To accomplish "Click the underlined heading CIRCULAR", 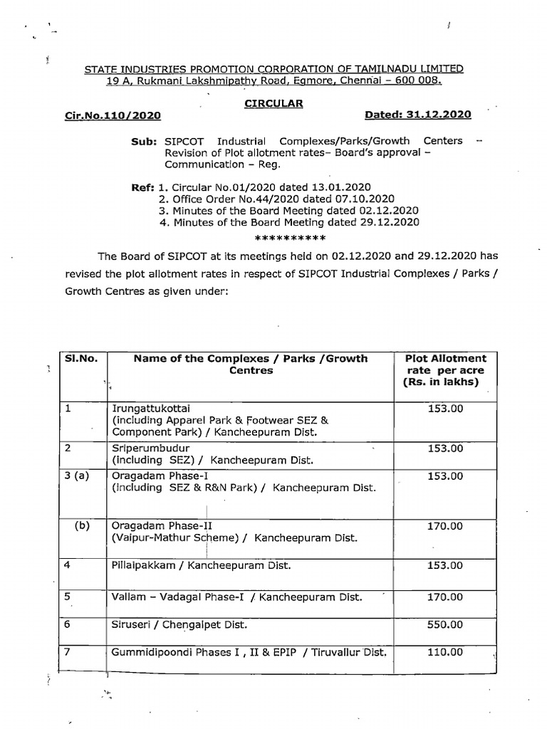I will (273, 103).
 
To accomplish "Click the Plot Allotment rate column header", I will (446, 370).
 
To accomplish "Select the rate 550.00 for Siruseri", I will (446, 624).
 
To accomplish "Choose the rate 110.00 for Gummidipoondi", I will (446, 652).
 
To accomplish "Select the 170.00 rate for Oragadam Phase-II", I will (446, 526).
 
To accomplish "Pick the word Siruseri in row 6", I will (130, 624).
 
